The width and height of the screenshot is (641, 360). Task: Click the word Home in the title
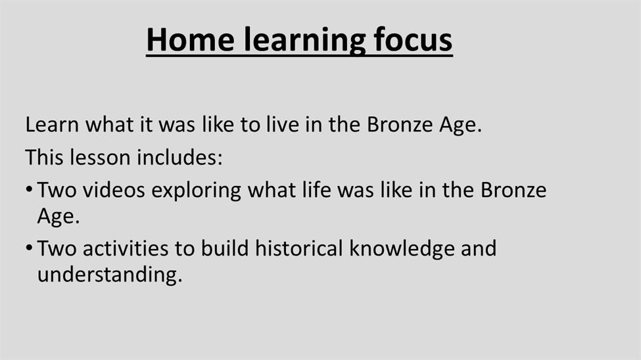(x=191, y=39)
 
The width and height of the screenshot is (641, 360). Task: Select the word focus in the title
(x=413, y=39)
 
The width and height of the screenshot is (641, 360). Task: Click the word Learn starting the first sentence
(x=52, y=124)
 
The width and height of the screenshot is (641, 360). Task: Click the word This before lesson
(x=44, y=157)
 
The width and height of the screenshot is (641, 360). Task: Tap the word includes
(x=180, y=157)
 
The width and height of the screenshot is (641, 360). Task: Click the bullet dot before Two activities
(x=29, y=248)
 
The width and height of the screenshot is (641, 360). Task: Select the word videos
(x=114, y=190)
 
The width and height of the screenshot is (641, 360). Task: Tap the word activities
(x=126, y=248)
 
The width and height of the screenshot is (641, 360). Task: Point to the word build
(x=225, y=248)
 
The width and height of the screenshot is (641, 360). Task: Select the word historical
(x=299, y=248)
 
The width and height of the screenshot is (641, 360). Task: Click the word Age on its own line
(x=58, y=217)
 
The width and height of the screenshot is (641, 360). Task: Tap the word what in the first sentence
(x=109, y=124)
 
